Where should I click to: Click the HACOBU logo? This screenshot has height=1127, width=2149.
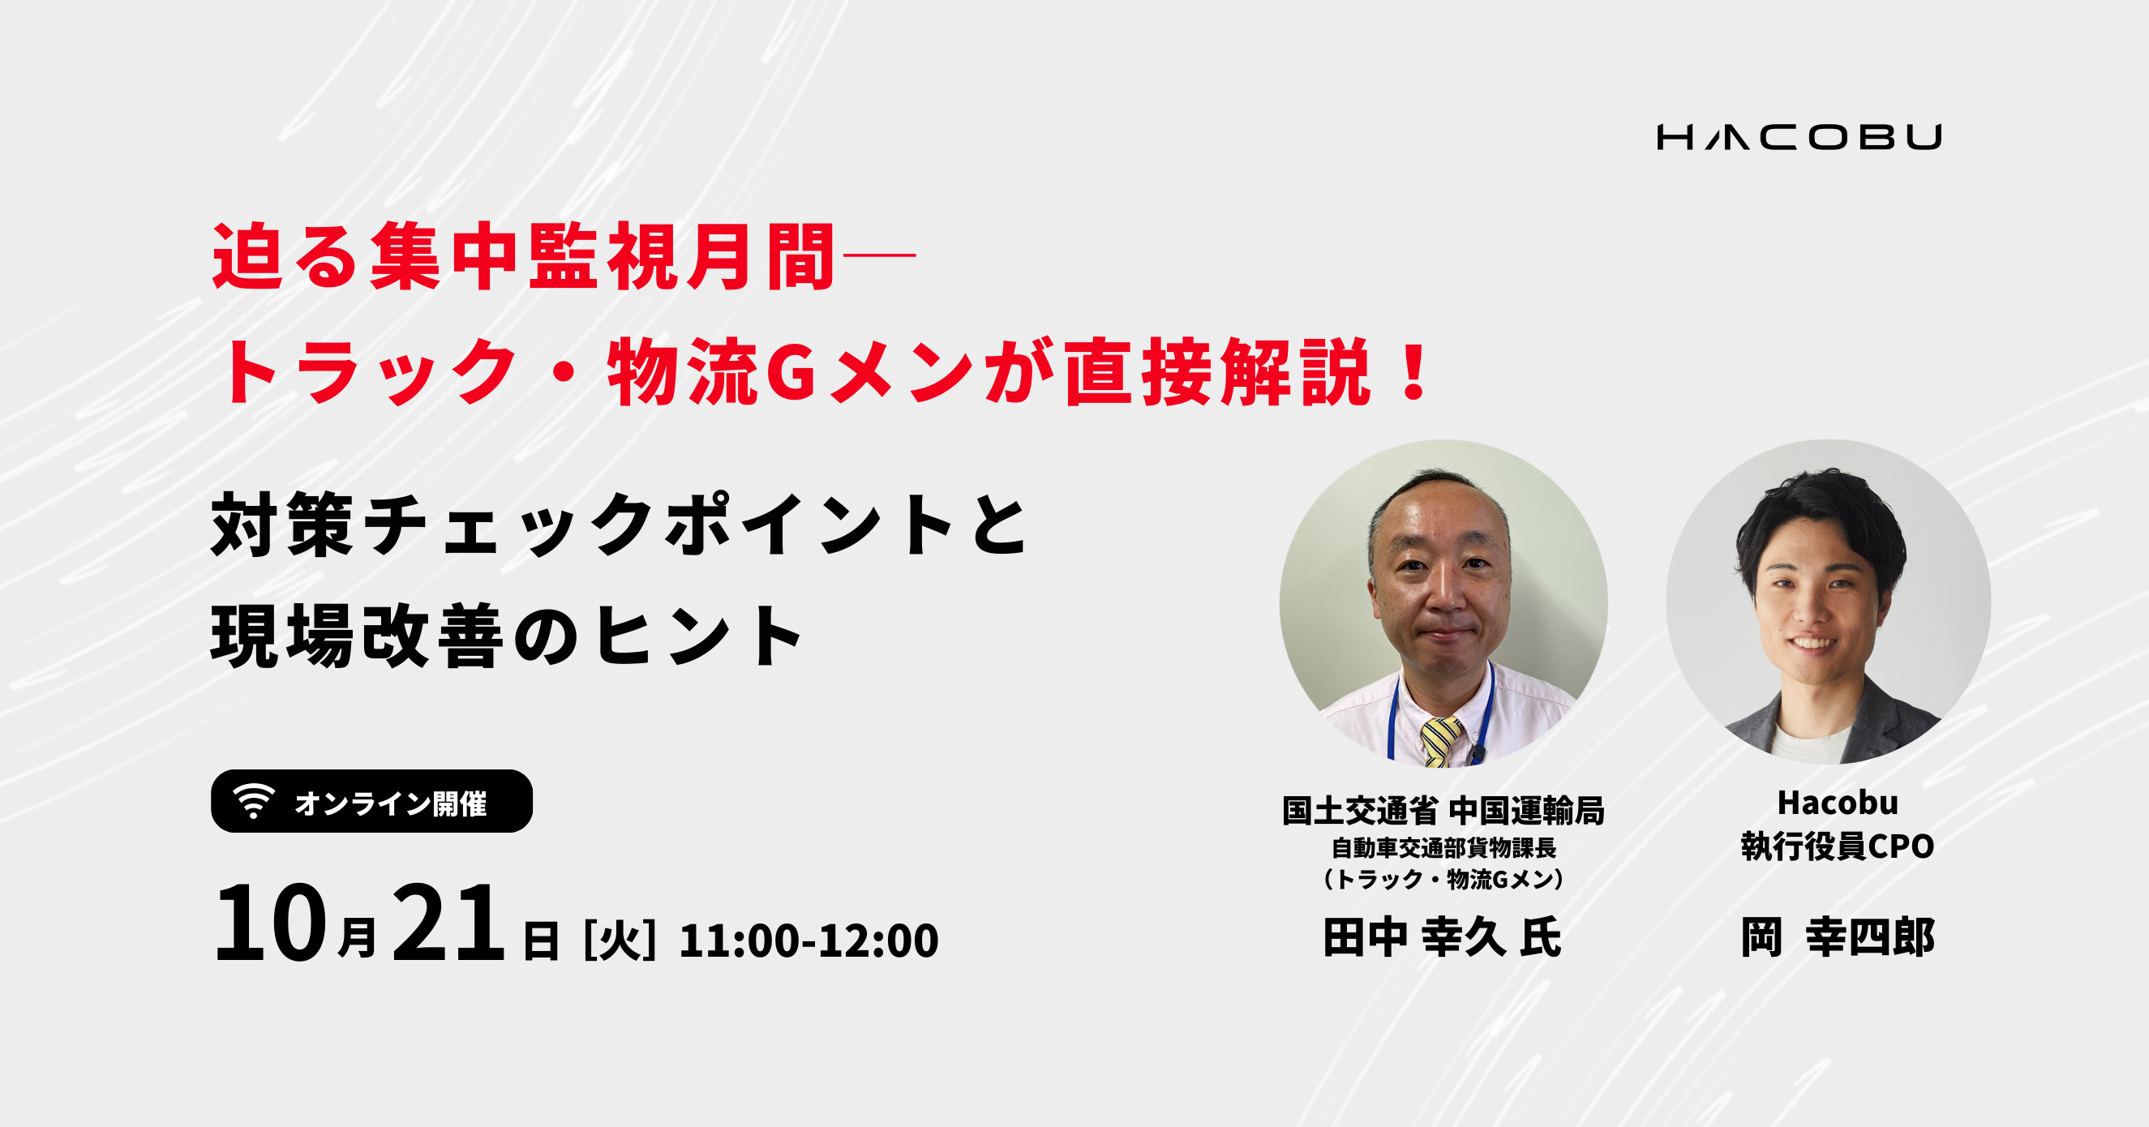click(1799, 137)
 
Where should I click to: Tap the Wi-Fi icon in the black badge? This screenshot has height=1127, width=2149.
click(254, 801)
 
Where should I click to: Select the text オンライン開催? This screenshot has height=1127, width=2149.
click(390, 803)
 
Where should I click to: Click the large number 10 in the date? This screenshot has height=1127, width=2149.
click(269, 923)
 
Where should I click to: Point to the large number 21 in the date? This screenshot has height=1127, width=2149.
click(448, 923)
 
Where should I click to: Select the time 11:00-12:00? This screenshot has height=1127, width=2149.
click(809, 941)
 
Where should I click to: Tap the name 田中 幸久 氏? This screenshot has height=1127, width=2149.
click(1443, 936)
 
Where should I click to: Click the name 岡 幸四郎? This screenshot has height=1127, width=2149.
click(1837, 936)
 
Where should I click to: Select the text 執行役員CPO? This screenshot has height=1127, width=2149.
click(1837, 846)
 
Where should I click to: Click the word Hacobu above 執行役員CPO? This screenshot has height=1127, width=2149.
click(1838, 803)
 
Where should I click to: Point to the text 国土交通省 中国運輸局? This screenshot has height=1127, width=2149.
click(1443, 811)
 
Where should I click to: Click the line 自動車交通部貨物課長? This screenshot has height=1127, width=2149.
click(1443, 848)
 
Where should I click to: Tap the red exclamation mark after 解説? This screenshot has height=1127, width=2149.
click(1416, 371)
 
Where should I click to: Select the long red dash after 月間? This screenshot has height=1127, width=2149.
click(880, 255)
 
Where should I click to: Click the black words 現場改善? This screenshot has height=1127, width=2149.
click(357, 636)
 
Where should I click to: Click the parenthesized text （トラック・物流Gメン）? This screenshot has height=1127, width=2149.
click(1443, 879)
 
